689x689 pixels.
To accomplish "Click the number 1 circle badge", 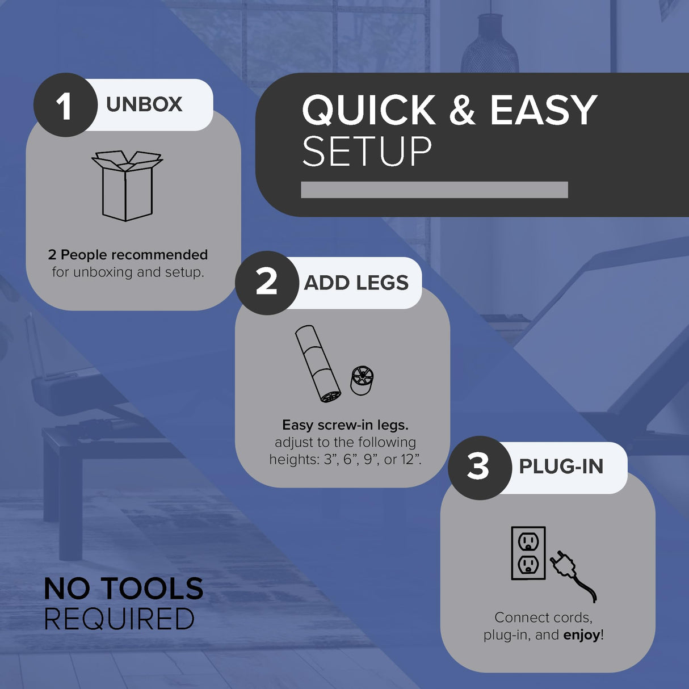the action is pos(65,105).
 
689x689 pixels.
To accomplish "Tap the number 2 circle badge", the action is pos(267,283).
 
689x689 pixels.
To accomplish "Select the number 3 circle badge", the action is pos(480,468).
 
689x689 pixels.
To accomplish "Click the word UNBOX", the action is pos(144,104).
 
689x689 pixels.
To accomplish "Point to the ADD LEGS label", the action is pos(356,283).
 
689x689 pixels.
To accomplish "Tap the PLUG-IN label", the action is pos(561,467).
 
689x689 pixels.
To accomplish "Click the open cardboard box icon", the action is pos(127,186).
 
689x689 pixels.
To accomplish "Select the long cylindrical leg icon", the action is pos(318,364).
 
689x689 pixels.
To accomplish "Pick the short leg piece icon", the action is pos(362,380).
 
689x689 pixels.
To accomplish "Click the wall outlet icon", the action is pos(528,553).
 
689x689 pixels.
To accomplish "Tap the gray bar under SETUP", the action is pos(434,190).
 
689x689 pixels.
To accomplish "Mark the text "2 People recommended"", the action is pos(128,255).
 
